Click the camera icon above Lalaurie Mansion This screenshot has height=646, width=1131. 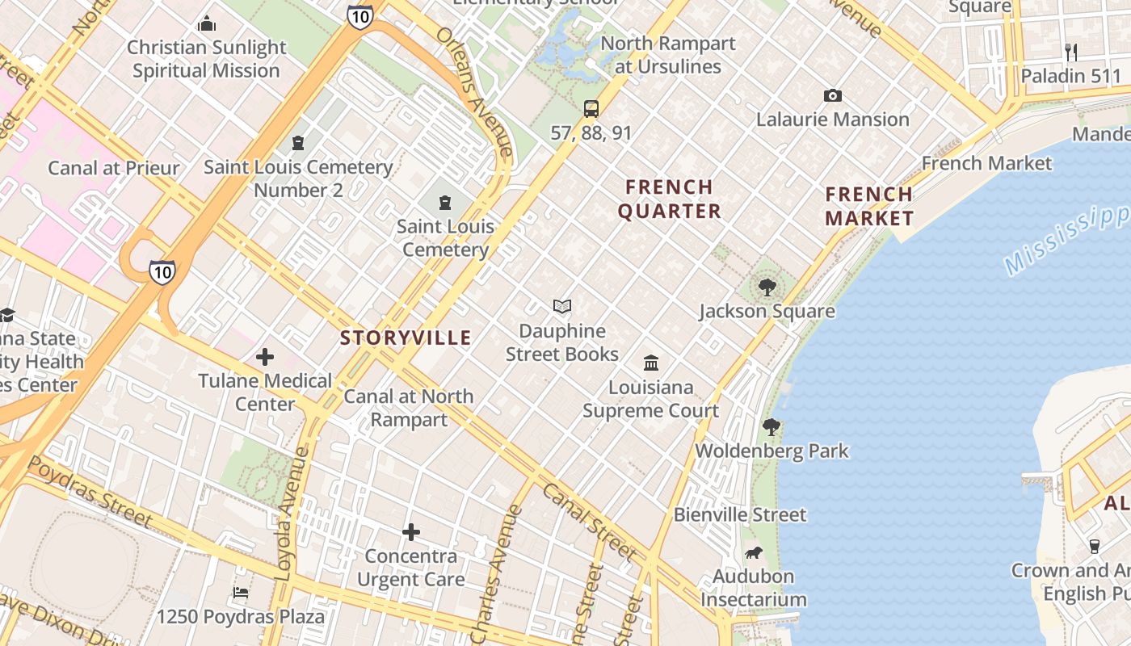pyautogui.click(x=833, y=95)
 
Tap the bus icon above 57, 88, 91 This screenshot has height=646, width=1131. pyautogui.click(x=591, y=108)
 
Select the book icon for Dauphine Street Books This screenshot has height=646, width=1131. pyautogui.click(x=562, y=306)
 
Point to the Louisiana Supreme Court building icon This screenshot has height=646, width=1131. pyautogui.click(x=651, y=363)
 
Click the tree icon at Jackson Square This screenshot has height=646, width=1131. pyautogui.click(x=767, y=287)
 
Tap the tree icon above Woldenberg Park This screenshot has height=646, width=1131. pyautogui.click(x=772, y=426)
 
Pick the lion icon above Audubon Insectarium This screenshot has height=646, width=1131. pyautogui.click(x=754, y=552)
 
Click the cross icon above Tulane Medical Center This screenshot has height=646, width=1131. pyautogui.click(x=265, y=356)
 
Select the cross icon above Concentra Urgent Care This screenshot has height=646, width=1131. pyautogui.click(x=411, y=532)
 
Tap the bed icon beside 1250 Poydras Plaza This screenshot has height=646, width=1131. pyautogui.click(x=241, y=593)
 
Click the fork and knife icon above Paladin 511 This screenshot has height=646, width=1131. pyautogui.click(x=1071, y=52)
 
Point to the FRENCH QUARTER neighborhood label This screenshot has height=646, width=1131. pyautogui.click(x=669, y=199)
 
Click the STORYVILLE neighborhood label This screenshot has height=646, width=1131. pyautogui.click(x=406, y=338)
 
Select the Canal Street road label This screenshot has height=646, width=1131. pyautogui.click(x=589, y=522)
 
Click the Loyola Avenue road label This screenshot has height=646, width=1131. pyautogui.click(x=290, y=514)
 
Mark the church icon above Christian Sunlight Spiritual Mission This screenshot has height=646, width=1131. pyautogui.click(x=207, y=23)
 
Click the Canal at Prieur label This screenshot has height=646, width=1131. pyautogui.click(x=114, y=168)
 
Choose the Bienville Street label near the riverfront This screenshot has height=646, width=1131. pyautogui.click(x=740, y=514)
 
